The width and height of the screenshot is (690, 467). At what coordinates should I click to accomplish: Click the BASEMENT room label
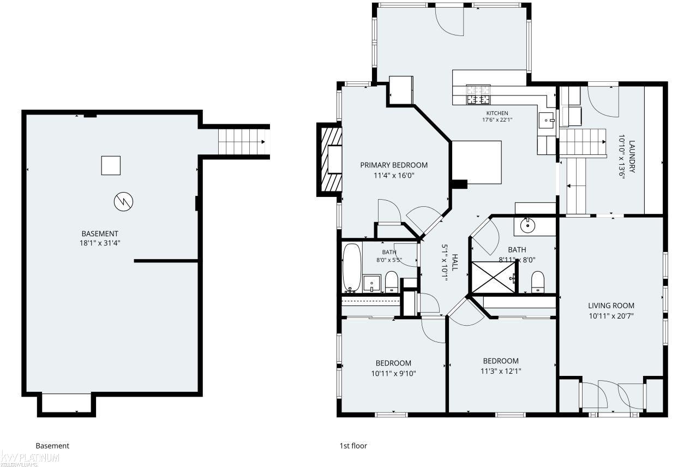pyautogui.click(x=100, y=234)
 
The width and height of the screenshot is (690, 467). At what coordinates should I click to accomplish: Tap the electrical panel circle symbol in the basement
pyautogui.click(x=123, y=202)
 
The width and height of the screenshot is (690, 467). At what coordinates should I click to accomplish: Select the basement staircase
pyautogui.click(x=244, y=142)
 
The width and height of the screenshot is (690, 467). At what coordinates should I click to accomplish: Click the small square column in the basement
pyautogui.click(x=111, y=165)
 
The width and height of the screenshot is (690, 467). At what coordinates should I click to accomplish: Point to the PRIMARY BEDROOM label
pyautogui.click(x=394, y=165)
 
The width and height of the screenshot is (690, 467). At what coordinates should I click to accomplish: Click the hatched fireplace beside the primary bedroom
pyautogui.click(x=332, y=159)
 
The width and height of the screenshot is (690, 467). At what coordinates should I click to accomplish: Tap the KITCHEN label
pyautogui.click(x=497, y=113)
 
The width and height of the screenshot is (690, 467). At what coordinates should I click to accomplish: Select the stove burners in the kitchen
pyautogui.click(x=478, y=94)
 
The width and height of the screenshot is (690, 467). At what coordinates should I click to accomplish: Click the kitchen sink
pyautogui.click(x=547, y=121)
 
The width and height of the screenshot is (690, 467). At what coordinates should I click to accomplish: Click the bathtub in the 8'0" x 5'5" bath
pyautogui.click(x=352, y=268)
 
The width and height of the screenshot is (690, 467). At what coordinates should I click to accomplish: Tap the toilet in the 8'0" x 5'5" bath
pyautogui.click(x=392, y=282)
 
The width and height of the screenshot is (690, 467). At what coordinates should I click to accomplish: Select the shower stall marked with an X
pyautogui.click(x=494, y=277)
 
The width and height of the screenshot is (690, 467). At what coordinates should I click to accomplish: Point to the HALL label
pyautogui.click(x=454, y=262)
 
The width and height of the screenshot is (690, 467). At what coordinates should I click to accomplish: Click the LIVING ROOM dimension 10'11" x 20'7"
pyautogui.click(x=611, y=316)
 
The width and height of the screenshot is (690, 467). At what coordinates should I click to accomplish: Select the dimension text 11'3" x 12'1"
pyautogui.click(x=501, y=371)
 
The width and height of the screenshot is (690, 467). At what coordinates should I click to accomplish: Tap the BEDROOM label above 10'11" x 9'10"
pyautogui.click(x=393, y=363)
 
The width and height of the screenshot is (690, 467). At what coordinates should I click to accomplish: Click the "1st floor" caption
pyautogui.click(x=353, y=446)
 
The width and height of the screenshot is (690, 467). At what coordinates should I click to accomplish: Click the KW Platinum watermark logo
pyautogui.click(x=29, y=459)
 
